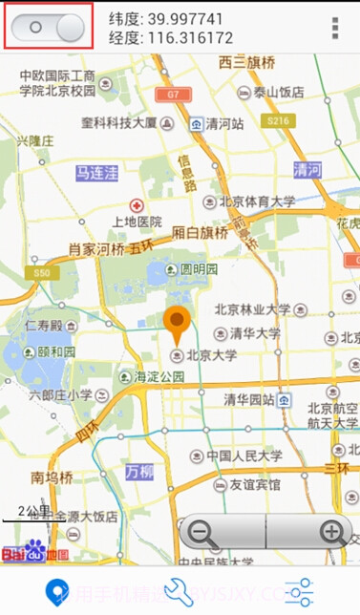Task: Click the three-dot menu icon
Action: coord(335,28)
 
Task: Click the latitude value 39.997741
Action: coord(180,18)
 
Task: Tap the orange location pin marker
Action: coord(176,326)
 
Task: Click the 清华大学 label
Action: coord(255,333)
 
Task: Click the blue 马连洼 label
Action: coord(97,173)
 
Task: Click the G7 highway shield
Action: coord(173,95)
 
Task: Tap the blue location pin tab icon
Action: coord(59,589)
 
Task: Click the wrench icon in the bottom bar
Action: coord(180,589)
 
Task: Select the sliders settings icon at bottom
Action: coord(299,589)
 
